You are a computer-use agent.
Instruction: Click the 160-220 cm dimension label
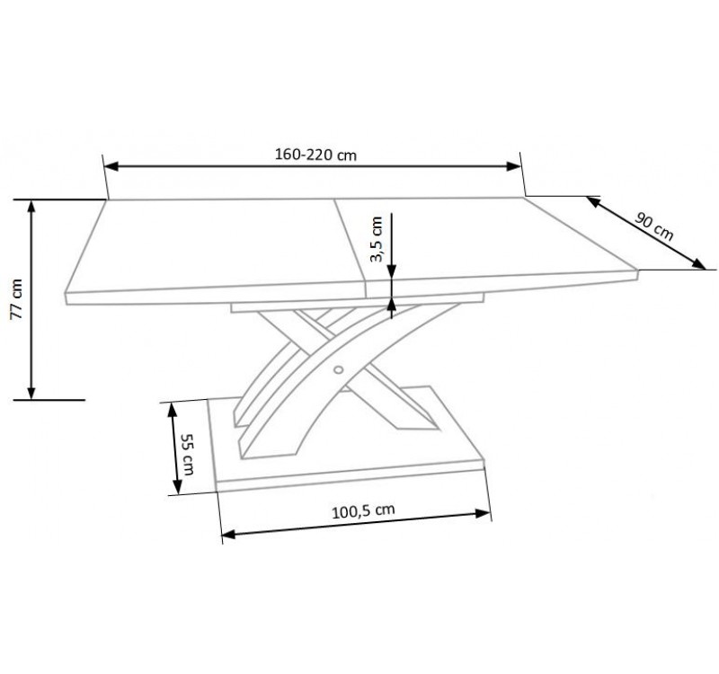point(315,155)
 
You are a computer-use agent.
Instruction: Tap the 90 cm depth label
point(654,226)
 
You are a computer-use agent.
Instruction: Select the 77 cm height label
point(16,298)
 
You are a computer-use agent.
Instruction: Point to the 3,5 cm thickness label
point(377,239)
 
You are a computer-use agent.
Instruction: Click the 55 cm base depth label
point(187,455)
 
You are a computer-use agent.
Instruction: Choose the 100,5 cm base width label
point(363,510)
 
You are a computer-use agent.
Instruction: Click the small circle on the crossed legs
point(339,369)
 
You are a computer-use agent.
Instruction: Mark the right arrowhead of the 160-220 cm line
point(512,166)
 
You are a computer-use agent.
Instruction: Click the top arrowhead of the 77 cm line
point(31,207)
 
